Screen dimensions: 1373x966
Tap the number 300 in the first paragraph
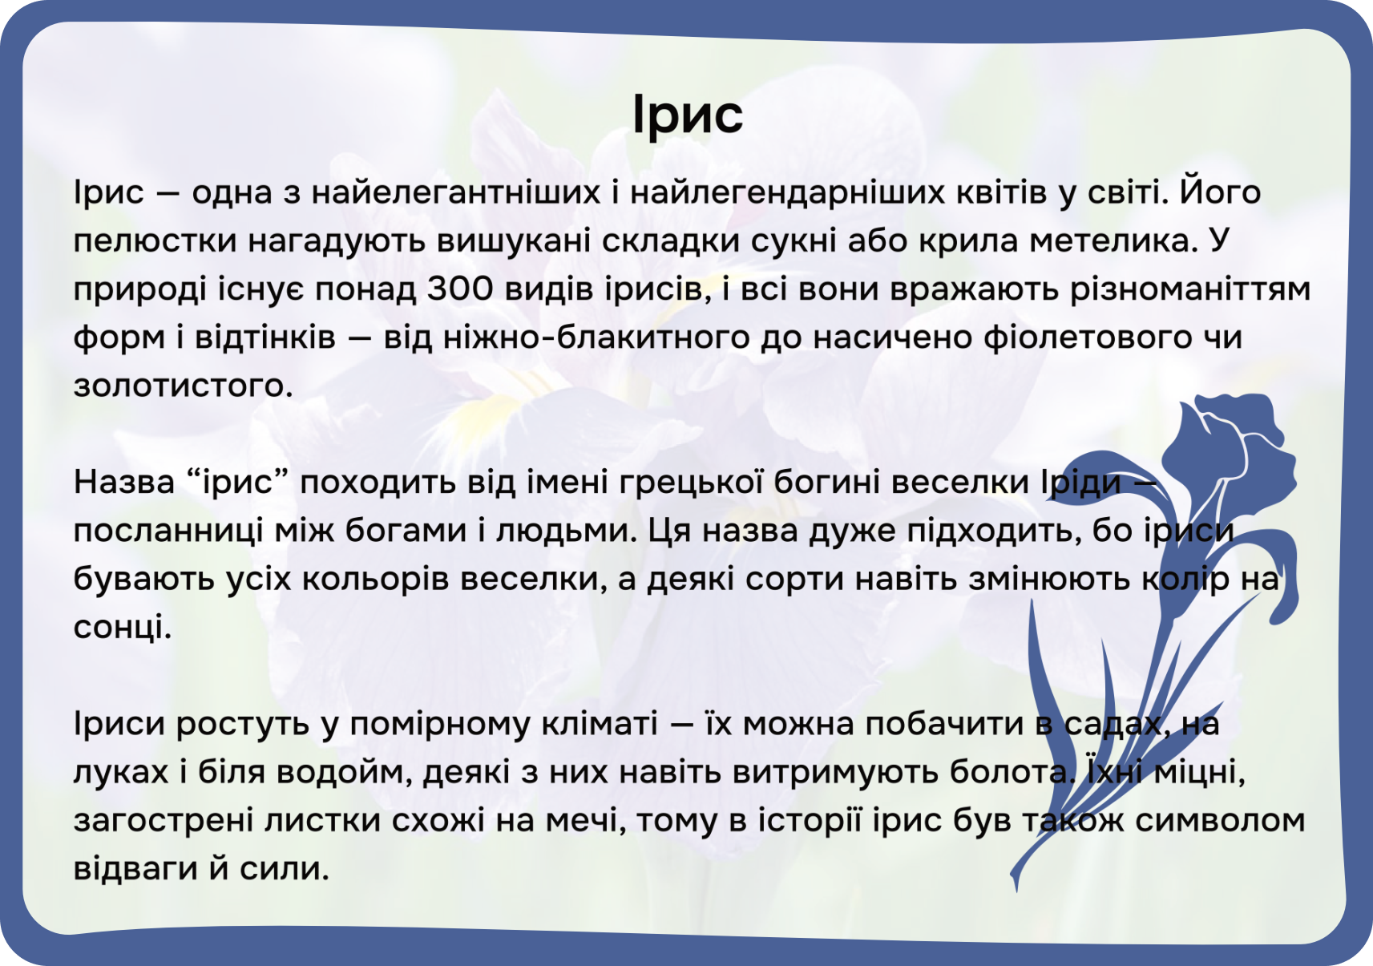460,289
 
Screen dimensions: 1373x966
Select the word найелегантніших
456,192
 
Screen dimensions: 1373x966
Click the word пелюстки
155,240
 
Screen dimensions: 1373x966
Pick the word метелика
1113,240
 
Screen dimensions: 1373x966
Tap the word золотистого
184,386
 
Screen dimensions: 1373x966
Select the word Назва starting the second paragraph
124,483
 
